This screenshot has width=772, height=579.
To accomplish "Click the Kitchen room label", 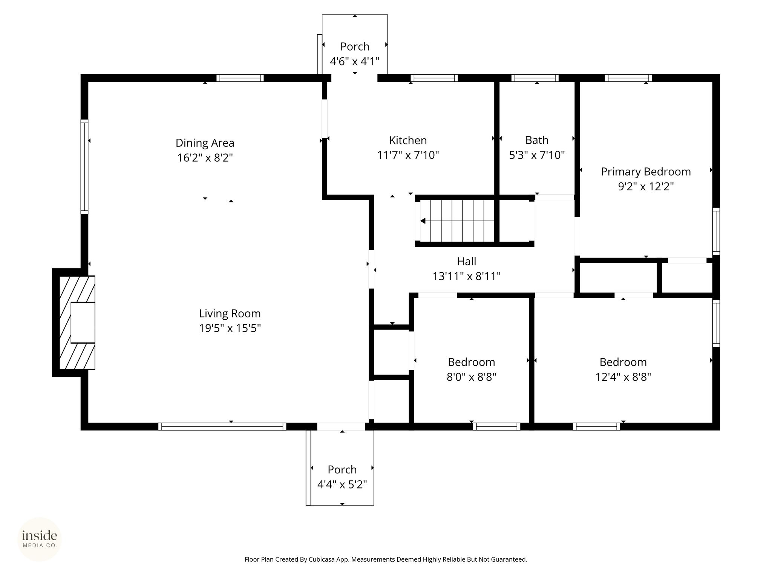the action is click(408, 140).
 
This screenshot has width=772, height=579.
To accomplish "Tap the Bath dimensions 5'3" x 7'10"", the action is click(537, 155).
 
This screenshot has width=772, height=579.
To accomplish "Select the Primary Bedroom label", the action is click(646, 172).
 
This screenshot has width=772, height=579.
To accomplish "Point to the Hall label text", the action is click(466, 261).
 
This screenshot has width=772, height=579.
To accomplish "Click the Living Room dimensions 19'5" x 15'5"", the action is click(230, 328).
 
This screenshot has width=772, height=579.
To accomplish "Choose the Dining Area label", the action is click(205, 143).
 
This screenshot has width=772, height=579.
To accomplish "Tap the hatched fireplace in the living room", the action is click(77, 323).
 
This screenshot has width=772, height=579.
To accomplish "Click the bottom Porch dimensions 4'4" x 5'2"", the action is click(342, 484).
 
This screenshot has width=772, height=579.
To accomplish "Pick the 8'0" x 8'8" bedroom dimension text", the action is click(471, 377).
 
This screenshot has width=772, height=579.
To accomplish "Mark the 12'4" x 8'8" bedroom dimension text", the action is click(623, 377).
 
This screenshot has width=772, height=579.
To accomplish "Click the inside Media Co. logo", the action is click(40, 539).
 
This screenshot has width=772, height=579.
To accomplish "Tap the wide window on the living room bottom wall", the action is click(222, 426).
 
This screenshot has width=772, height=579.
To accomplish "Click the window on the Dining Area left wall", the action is click(84, 167).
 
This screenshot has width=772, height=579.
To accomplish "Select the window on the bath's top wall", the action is click(535, 78).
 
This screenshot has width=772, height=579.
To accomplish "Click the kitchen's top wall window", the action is click(434, 78).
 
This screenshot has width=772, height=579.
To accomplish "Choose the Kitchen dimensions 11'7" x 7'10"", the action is click(408, 155).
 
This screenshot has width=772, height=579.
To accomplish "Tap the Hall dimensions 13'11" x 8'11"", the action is click(466, 276).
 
